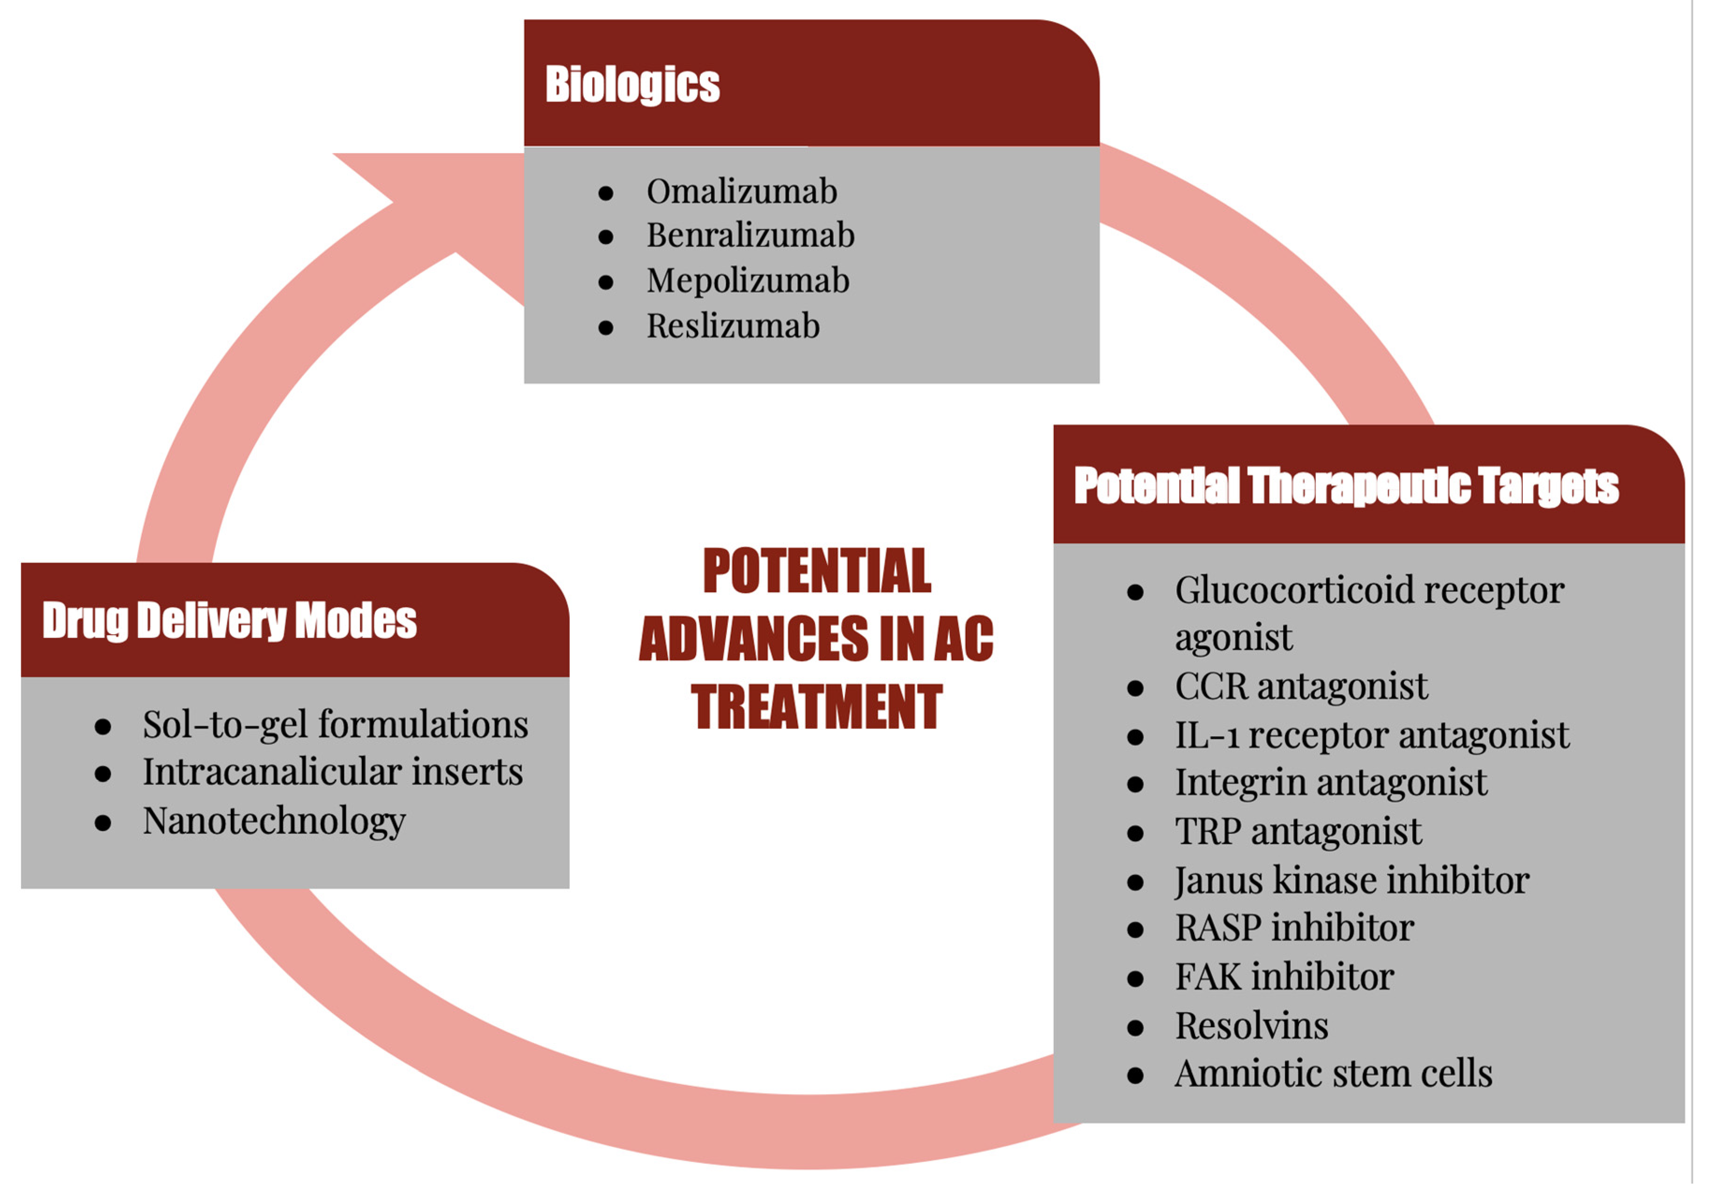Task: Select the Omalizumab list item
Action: pyautogui.click(x=742, y=192)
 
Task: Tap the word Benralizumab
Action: pyautogui.click(x=750, y=236)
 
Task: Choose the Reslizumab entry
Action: pyautogui.click(x=733, y=326)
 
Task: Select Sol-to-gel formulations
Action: pyautogui.click(x=335, y=725)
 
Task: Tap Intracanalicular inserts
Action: pyautogui.click(x=332, y=772)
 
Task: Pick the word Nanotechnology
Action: pyautogui.click(x=274, y=821)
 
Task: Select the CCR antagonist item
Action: pyautogui.click(x=1300, y=687)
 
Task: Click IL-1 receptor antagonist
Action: pyautogui.click(x=1372, y=735)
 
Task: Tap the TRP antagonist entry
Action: pyautogui.click(x=1298, y=832)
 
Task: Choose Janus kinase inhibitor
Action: pyautogui.click(x=1351, y=881)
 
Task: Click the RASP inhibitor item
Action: pyautogui.click(x=1294, y=928)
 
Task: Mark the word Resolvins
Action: pyautogui.click(x=1251, y=1026)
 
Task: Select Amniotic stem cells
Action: pyautogui.click(x=1333, y=1074)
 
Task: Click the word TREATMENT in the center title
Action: pyautogui.click(x=816, y=707)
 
